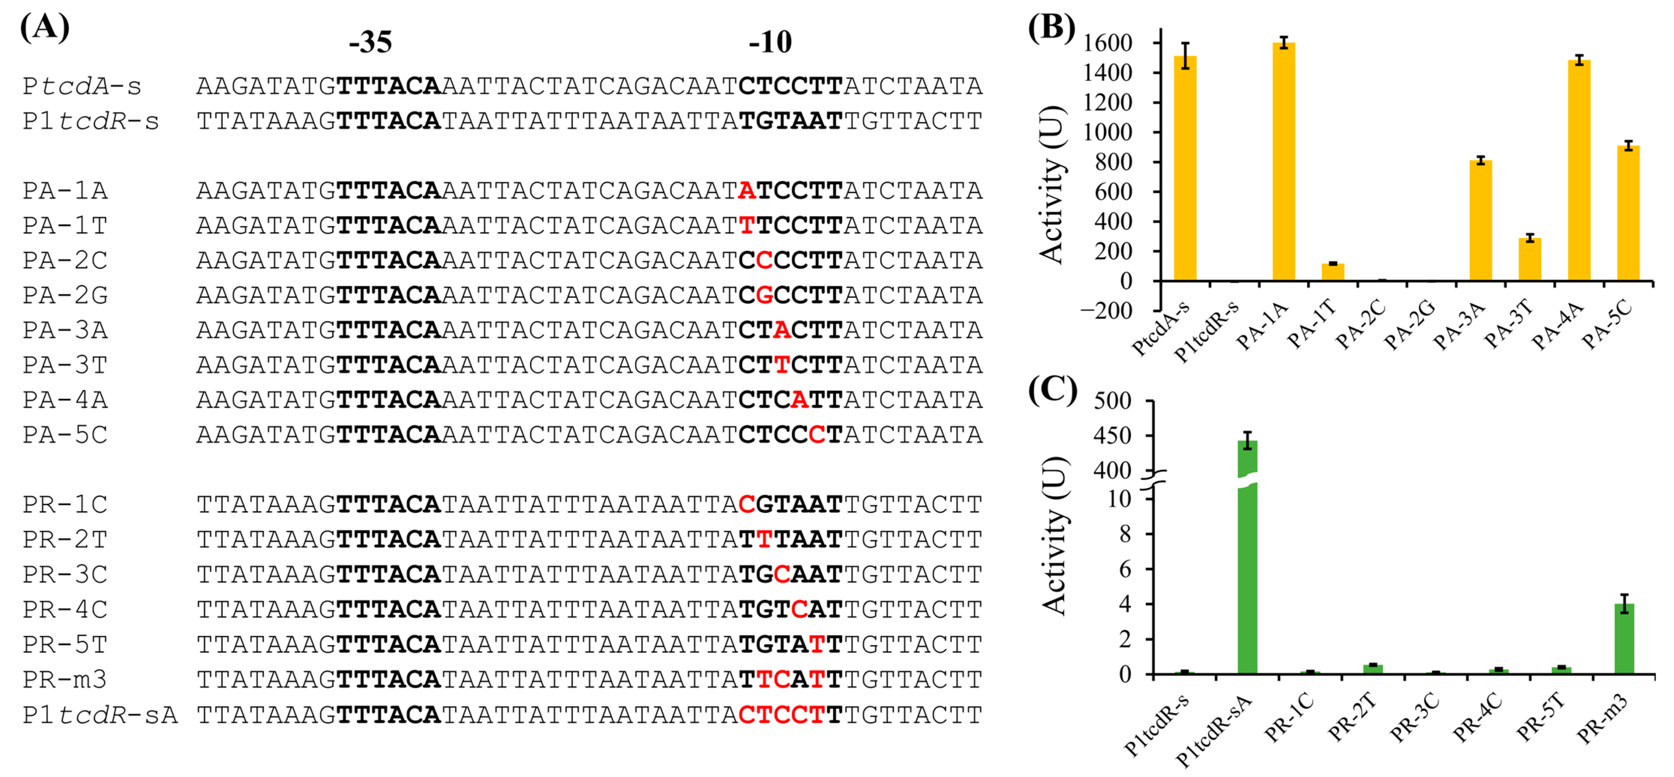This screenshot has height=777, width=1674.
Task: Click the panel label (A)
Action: pyautogui.click(x=44, y=27)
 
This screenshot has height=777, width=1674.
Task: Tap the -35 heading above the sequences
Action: pyautogui.click(x=370, y=42)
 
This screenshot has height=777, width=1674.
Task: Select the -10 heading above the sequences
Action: pyautogui.click(x=770, y=42)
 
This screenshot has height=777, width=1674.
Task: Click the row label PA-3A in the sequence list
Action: pyautogui.click(x=65, y=331)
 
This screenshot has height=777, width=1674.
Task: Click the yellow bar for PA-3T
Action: pyautogui.click(x=1530, y=259)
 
